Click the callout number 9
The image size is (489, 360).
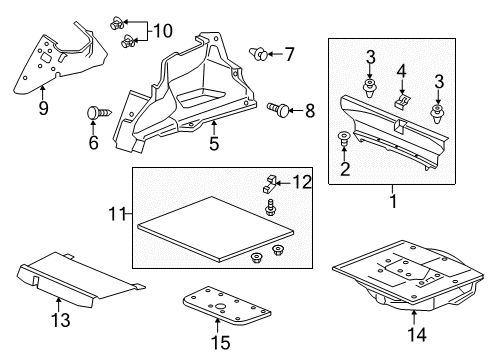coord(43,108)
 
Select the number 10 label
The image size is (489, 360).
coord(163,31)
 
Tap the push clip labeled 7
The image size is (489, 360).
coord(259,54)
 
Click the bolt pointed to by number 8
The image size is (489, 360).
coord(278,109)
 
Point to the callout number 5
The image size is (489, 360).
coord(214,143)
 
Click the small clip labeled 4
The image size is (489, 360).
coord(402,100)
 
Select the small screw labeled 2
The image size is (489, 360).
coord(344,139)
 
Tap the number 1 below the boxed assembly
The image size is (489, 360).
coord(393,201)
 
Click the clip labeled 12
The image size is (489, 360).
coord(269,184)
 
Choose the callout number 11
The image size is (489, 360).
coord(117,214)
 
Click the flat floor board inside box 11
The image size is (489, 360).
coord(216,228)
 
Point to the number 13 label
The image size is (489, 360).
coord(61,320)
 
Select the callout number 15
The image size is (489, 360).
coord(221,342)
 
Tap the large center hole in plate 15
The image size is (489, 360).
coord(220,306)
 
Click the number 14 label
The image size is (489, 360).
coord(417,334)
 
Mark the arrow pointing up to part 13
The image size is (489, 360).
coord(59,304)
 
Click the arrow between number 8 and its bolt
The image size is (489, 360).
coord(296,110)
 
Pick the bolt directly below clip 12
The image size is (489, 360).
coord(269,208)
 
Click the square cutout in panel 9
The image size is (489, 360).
coord(44,58)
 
